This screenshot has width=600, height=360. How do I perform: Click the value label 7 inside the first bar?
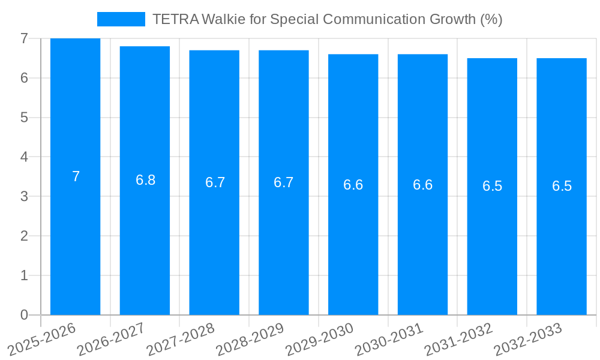click(x=76, y=176)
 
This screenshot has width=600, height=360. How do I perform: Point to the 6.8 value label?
click(x=145, y=180)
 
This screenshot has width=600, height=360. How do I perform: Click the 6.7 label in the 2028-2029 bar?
click(x=283, y=182)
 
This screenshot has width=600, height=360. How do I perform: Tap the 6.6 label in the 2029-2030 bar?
click(x=353, y=185)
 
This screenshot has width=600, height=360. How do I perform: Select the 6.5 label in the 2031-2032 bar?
click(x=492, y=186)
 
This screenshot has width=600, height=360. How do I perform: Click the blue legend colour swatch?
click(x=121, y=19)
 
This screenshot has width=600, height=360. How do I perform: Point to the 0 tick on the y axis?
click(x=24, y=315)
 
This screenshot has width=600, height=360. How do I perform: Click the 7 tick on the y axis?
click(x=24, y=38)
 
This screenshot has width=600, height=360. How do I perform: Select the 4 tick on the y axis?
click(x=24, y=157)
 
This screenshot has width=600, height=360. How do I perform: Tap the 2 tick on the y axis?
click(x=24, y=236)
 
